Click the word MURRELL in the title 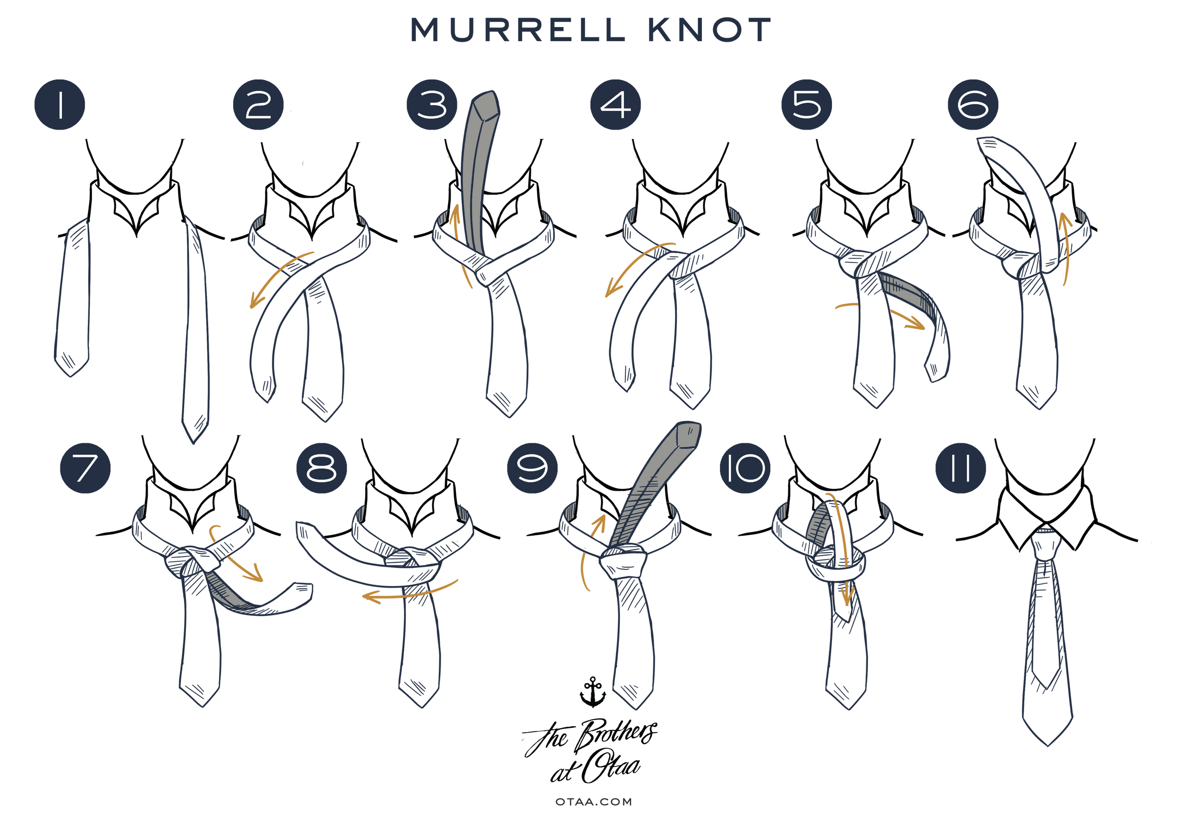pos(519,30)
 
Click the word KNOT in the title pos(710,30)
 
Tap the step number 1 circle pos(59,105)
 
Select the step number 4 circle pos(616,105)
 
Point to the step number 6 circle pos(973,105)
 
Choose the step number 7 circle pos(85,468)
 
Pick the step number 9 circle pos(533,468)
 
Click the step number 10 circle pos(745,468)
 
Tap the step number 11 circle pos(961,468)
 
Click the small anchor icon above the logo pos(592,691)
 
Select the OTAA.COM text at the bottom pos(593,802)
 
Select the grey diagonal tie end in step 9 pos(652,487)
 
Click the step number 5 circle pos(806,105)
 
